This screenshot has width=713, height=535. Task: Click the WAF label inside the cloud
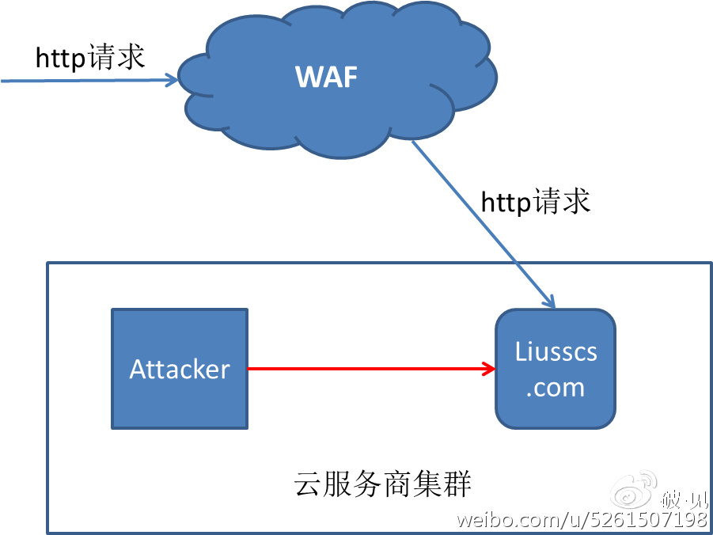326,77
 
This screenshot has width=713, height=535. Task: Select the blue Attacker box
180,369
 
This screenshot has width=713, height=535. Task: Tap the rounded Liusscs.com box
555,369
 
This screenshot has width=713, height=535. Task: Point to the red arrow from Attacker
364,368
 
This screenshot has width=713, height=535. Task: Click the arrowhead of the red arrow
489,368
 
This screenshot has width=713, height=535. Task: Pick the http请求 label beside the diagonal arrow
536,202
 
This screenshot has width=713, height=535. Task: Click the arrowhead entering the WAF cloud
172,79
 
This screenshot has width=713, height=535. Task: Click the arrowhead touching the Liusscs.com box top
548,302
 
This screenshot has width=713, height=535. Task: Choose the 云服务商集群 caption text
382,483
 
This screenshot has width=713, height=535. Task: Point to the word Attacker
180,370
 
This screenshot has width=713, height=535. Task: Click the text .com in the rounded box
555,388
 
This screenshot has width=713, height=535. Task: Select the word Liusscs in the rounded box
556,351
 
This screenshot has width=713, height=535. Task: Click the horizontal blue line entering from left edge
79,80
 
